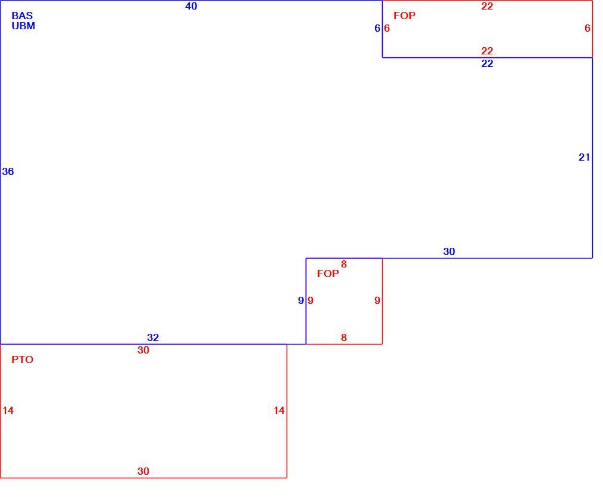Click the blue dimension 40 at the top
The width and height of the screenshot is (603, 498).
click(191, 6)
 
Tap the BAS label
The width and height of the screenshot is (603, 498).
click(22, 16)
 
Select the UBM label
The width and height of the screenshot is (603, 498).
click(23, 26)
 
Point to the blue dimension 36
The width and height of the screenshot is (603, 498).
click(8, 171)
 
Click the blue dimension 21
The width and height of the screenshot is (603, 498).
click(584, 157)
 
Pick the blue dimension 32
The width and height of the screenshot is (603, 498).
click(153, 337)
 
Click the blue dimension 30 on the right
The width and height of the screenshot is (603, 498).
click(449, 251)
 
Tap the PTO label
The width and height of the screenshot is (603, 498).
click(22, 359)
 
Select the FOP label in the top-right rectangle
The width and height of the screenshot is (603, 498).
click(404, 16)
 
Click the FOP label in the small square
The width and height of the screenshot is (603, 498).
click(328, 273)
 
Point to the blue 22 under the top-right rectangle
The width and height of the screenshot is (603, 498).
click(487, 63)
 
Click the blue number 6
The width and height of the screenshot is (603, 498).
click(377, 28)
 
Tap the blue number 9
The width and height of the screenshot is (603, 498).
click(301, 300)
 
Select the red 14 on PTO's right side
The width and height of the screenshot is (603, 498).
click(279, 410)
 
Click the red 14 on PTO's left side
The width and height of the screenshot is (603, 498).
click(8, 410)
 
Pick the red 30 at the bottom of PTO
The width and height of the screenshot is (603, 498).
click(143, 471)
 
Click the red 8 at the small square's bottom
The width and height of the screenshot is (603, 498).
click(344, 337)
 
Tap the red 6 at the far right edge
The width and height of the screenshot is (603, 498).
click(587, 28)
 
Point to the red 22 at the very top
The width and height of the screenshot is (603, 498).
click(487, 6)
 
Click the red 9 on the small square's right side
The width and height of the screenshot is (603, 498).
click(377, 300)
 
